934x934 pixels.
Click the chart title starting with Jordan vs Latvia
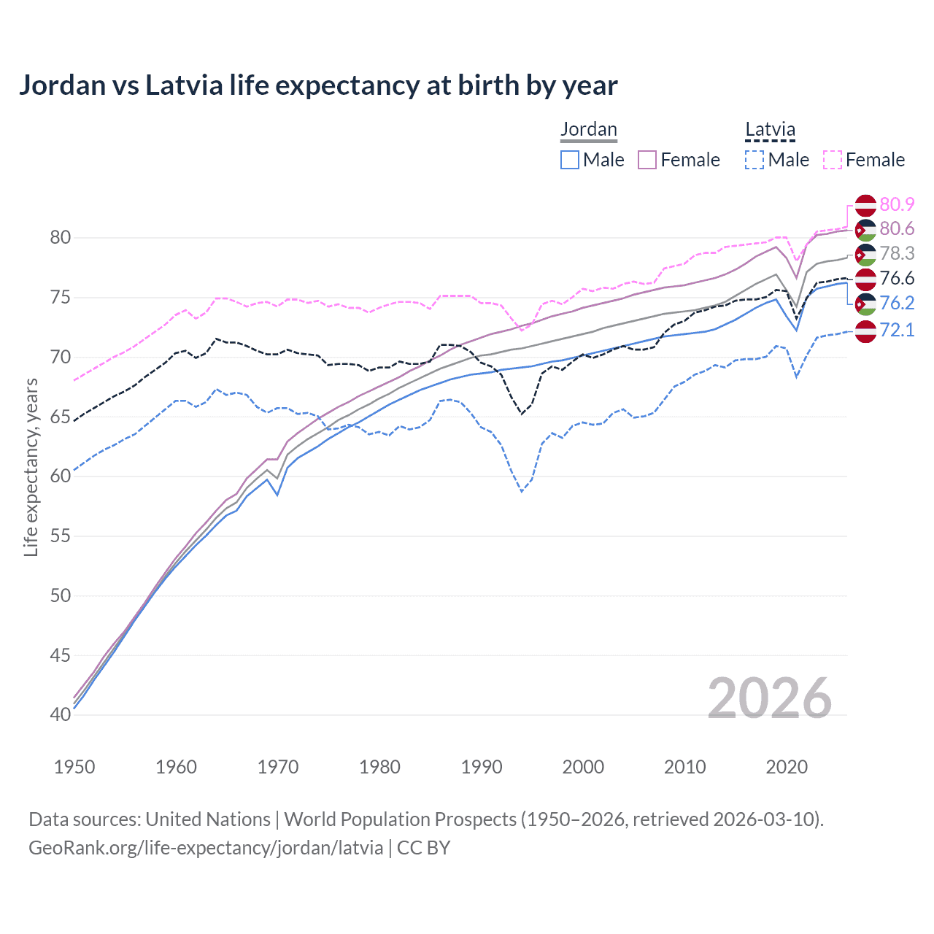click(x=318, y=85)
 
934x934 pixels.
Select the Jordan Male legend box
click(x=570, y=160)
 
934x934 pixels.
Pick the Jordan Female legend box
click(x=647, y=160)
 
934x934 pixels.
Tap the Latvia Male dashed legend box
click(x=754, y=160)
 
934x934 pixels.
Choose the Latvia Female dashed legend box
click(x=833, y=160)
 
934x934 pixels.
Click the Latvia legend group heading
click(x=770, y=129)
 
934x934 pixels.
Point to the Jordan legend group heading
click(x=588, y=129)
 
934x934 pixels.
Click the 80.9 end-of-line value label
click(x=897, y=204)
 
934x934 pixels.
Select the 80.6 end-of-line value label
click(x=897, y=229)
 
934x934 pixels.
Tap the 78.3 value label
click(x=897, y=254)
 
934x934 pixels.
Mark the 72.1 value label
click(x=897, y=330)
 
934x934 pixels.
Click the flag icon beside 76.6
click(x=865, y=279)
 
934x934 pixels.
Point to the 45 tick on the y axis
click(x=61, y=655)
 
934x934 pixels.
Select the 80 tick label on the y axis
click(x=61, y=238)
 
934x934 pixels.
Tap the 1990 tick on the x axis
click(x=482, y=767)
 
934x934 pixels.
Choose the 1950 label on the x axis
click(x=74, y=767)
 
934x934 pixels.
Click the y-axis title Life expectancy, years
click(x=31, y=467)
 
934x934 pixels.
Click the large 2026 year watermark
click(x=770, y=698)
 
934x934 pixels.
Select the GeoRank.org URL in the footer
click(x=206, y=848)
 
